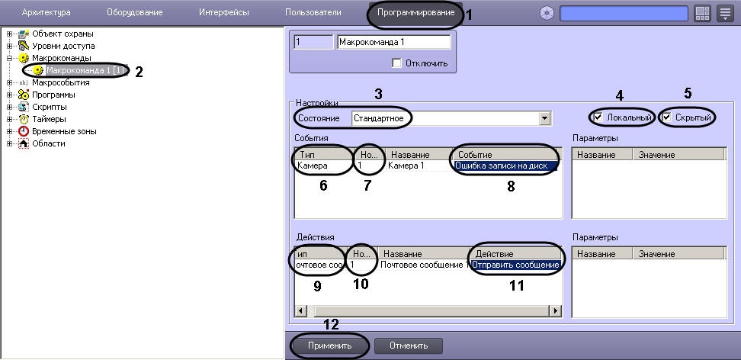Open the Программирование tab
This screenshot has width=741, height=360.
(x=415, y=13)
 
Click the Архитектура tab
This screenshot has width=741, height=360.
(x=47, y=13)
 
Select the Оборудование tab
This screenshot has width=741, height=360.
(x=135, y=13)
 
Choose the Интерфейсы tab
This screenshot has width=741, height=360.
(x=224, y=13)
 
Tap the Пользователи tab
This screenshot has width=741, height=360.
(x=313, y=13)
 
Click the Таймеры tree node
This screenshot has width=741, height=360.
(x=49, y=119)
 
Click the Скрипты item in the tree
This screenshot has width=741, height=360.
(x=49, y=107)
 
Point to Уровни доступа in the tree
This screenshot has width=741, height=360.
(x=63, y=46)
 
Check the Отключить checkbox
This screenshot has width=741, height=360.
(x=396, y=63)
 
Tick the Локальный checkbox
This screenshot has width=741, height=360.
(x=598, y=117)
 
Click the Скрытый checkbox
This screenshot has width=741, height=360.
(x=667, y=117)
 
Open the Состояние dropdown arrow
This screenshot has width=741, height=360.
(x=545, y=118)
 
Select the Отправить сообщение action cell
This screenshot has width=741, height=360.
(x=515, y=265)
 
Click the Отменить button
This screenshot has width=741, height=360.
(x=409, y=346)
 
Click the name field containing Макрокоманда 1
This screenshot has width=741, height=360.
(x=394, y=42)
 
